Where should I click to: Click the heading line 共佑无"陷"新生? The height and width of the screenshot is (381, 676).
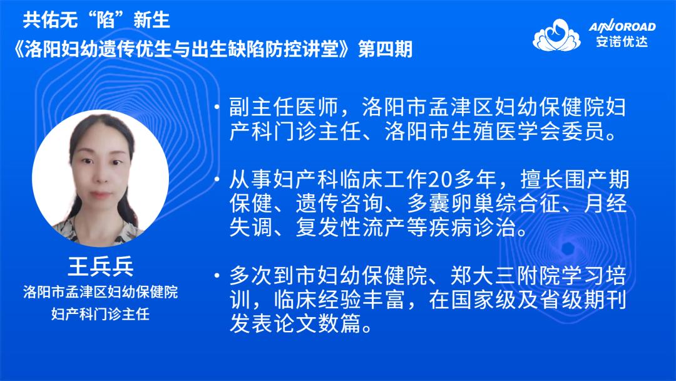click(96, 20)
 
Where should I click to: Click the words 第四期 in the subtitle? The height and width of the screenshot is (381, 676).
click(386, 49)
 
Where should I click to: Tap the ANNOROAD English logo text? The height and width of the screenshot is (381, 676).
click(622, 27)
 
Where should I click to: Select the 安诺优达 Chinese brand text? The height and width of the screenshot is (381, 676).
click(622, 42)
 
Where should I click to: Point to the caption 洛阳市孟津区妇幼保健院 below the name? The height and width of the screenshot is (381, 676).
click(100, 292)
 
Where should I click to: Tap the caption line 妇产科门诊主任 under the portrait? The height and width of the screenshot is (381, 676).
click(100, 314)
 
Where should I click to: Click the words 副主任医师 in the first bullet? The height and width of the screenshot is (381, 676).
click(284, 107)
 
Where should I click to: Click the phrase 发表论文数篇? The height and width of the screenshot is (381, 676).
click(295, 323)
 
